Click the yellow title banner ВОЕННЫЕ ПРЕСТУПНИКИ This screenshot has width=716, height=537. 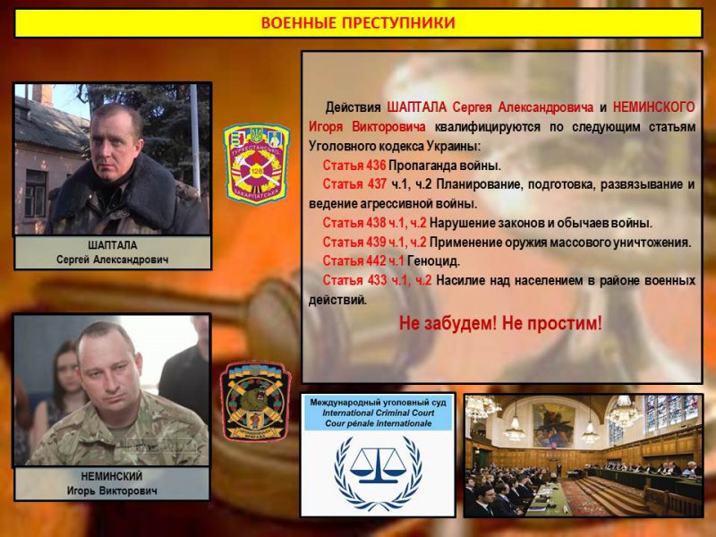click(357, 22)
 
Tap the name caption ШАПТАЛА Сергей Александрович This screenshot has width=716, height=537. click(112, 252)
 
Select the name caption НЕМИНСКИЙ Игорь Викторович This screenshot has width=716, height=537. click(112, 484)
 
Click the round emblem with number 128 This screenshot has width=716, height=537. click(257, 164)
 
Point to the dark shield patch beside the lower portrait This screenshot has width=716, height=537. click(255, 401)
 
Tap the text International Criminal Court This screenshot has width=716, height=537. click(377, 413)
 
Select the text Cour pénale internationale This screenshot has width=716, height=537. click(377, 423)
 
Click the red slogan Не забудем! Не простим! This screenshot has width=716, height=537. click(500, 323)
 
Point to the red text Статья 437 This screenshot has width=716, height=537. click(354, 184)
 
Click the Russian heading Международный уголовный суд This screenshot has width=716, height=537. click(377, 403)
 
